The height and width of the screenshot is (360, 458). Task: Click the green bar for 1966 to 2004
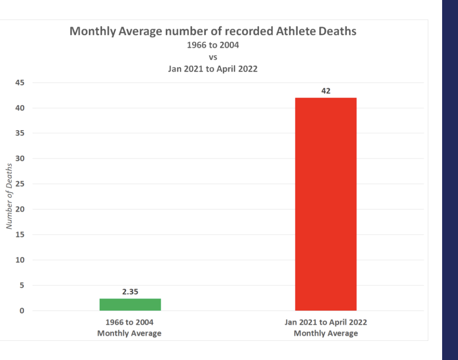pos(130,305)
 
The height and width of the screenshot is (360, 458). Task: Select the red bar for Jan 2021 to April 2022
pos(326,204)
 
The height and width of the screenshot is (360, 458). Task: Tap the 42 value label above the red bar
pos(326,91)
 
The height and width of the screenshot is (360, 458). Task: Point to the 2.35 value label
pos(130,292)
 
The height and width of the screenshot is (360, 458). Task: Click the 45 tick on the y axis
pos(20,83)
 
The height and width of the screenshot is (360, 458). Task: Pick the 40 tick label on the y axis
pos(20,108)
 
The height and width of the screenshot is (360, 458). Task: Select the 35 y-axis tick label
pos(20,133)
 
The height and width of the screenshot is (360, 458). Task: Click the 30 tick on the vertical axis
pos(20,158)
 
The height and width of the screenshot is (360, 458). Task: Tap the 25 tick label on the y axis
pos(20,184)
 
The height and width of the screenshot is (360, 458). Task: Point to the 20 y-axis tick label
pos(20,209)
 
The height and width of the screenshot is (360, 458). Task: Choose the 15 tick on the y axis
pos(20,235)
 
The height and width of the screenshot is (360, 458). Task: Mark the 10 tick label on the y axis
pos(20,260)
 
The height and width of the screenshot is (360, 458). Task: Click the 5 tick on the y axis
pos(22,285)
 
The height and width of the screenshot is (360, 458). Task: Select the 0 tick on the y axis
pos(22,311)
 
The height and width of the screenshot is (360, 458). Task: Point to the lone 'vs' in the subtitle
pos(213,57)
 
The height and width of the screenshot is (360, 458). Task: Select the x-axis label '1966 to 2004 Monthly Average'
pos(129,328)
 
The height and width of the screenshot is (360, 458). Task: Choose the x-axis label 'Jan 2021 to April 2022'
pos(326,323)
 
